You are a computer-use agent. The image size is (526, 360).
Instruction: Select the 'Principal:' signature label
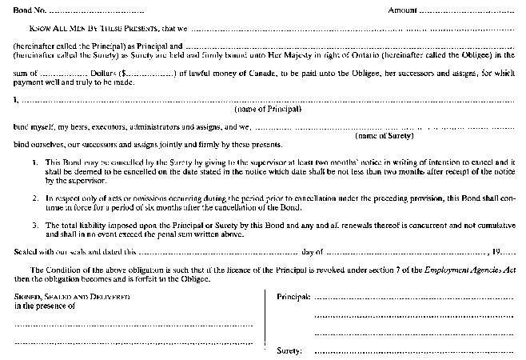(293, 297)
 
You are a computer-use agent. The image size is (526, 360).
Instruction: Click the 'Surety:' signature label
(289, 350)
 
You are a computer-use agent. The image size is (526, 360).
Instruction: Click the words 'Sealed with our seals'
(54, 251)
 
